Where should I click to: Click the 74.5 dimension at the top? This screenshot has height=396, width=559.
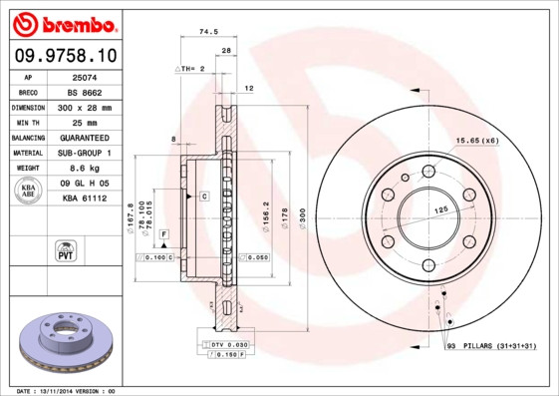(x=208, y=32)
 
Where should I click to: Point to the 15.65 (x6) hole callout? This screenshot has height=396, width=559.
(x=476, y=140)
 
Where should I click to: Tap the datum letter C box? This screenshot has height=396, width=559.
(x=202, y=197)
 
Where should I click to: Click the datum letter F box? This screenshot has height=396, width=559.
(x=164, y=233)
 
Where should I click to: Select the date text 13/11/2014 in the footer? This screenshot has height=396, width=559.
(x=67, y=390)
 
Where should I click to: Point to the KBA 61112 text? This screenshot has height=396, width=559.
(x=85, y=198)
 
